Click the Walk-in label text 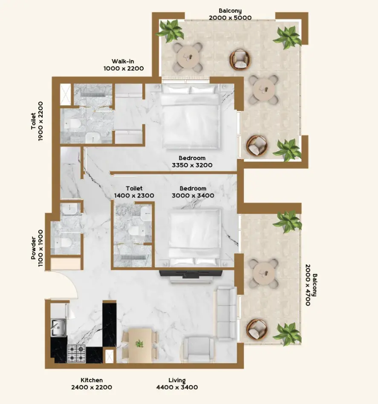point(123,61)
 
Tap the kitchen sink point(58,327)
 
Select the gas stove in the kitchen point(76,353)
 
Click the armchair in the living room point(198,349)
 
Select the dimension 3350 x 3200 point(192,165)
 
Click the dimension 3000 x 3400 point(193,195)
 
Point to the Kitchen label point(92,380)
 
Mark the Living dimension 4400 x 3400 point(177,387)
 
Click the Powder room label point(34,248)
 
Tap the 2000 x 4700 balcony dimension point(308,285)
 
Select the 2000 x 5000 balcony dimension point(230,18)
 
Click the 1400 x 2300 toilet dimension point(134,195)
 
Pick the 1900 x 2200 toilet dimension point(41,121)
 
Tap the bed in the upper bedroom point(191,117)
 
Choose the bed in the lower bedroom point(195,238)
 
